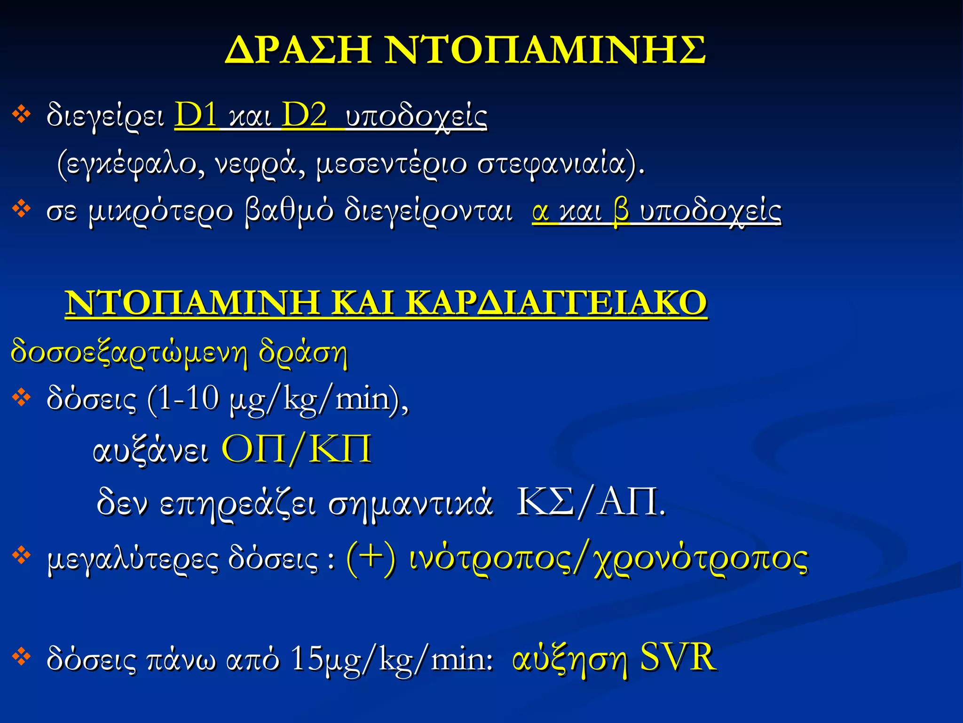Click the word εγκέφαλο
pos(132,164)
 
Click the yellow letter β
pos(621,211)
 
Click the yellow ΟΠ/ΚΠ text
pos(296,450)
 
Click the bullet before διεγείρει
pos(22,114)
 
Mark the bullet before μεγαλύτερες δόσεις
pos(22,555)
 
